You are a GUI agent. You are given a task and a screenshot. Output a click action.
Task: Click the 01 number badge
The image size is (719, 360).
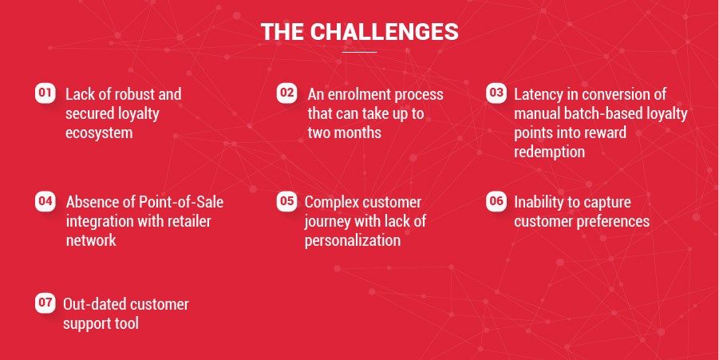click(x=45, y=93)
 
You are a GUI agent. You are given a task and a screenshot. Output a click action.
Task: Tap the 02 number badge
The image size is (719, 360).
click(x=286, y=93)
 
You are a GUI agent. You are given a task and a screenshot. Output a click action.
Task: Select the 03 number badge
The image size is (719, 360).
click(x=496, y=93)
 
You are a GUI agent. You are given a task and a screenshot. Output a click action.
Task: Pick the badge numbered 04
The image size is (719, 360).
click(x=45, y=201)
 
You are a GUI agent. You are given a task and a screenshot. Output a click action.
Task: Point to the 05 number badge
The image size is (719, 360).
click(x=286, y=201)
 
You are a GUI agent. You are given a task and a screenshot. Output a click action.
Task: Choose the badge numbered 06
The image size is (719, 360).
click(x=496, y=201)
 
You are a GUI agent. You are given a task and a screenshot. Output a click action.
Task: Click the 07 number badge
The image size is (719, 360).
click(x=45, y=303)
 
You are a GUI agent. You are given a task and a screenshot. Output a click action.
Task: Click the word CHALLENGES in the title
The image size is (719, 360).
click(x=388, y=32)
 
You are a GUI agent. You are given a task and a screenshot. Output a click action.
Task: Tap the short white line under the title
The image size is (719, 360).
click(x=359, y=52)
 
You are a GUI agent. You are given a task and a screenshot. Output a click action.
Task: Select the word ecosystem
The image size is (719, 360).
click(x=99, y=133)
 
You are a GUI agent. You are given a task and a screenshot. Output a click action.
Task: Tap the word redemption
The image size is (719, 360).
click(x=549, y=152)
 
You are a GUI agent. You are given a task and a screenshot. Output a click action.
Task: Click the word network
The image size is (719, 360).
click(x=91, y=240)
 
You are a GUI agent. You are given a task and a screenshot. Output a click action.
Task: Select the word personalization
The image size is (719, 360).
click(x=353, y=240)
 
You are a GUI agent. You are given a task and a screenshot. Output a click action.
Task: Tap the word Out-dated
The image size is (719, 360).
click(x=94, y=304)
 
